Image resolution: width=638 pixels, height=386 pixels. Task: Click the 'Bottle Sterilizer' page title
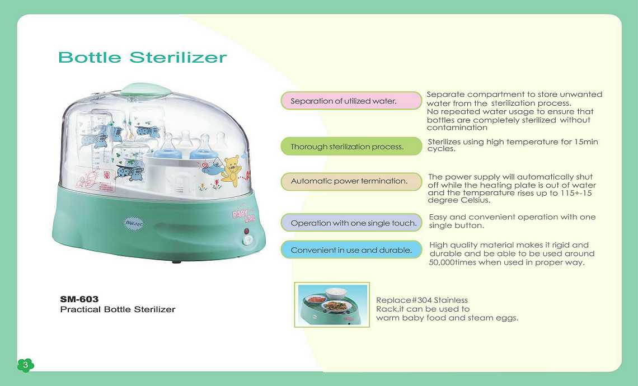(x=142, y=58)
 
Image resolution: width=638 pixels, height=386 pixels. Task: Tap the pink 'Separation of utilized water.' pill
(x=351, y=101)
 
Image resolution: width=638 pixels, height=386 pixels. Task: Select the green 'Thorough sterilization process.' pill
(x=351, y=147)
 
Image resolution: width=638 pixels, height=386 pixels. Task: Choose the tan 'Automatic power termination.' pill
(x=351, y=181)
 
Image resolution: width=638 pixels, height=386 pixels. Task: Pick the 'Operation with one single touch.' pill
(x=351, y=223)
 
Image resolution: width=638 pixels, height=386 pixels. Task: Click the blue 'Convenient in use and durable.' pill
(x=351, y=250)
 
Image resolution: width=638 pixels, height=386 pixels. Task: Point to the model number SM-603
(x=79, y=299)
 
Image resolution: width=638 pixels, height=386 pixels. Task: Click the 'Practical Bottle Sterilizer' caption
(x=118, y=309)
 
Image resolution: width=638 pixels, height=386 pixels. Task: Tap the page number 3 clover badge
(x=26, y=365)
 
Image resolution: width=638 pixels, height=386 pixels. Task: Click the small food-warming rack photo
(x=332, y=305)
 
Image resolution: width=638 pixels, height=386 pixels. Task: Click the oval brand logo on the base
(x=133, y=223)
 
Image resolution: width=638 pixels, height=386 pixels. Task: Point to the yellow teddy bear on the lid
(x=231, y=169)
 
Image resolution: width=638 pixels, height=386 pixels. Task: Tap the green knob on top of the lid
(x=146, y=90)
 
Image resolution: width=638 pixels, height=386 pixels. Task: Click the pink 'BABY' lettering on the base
(x=240, y=213)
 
